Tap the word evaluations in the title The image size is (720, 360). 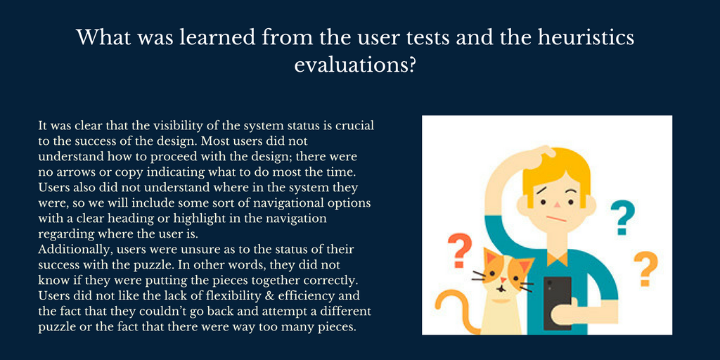click(355, 65)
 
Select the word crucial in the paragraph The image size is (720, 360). click(354, 126)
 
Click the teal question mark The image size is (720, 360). click(623, 219)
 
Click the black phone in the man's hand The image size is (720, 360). click(557, 303)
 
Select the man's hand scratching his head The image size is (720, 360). click(543, 157)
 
